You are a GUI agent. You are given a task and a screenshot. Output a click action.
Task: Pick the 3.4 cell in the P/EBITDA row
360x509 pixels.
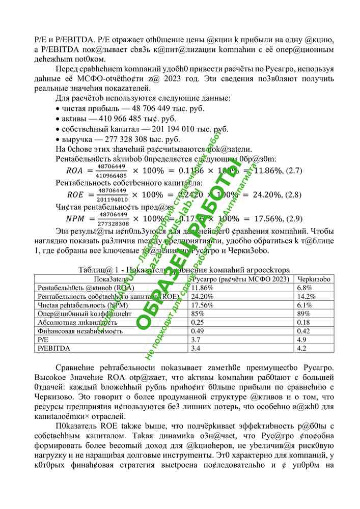(x=195, y=348)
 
